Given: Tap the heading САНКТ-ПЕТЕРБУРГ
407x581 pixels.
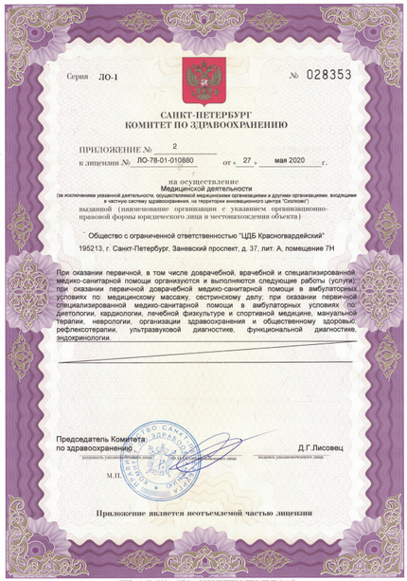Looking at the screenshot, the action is [203, 114].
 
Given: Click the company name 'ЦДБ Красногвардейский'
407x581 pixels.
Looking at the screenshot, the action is [268, 235].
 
